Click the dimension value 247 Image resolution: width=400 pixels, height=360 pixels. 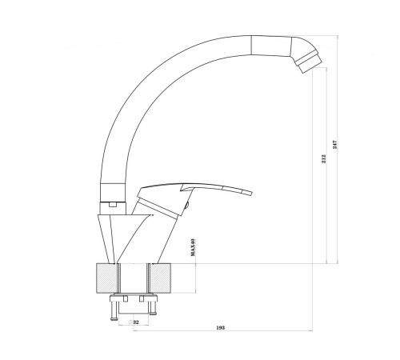tap(335, 145)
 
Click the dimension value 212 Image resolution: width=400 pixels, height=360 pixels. tap(324, 158)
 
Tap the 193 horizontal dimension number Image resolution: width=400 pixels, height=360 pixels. tap(221, 327)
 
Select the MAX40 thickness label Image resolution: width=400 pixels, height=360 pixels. tap(193, 247)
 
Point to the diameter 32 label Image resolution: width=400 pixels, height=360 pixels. tap(134, 322)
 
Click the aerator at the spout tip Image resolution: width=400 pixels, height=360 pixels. tap(309, 62)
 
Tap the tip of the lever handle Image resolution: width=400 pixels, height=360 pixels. tap(251, 193)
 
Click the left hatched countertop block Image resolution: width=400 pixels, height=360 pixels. tap(106, 278)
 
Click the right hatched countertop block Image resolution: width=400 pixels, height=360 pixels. tap(160, 278)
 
